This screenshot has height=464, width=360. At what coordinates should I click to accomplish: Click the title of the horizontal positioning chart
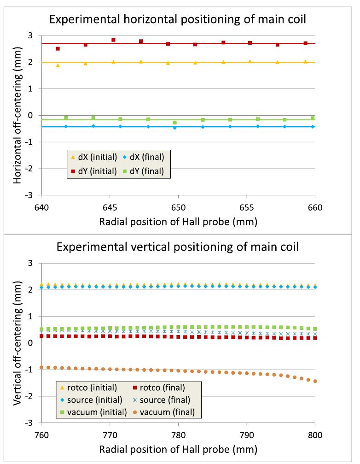pos(178,20)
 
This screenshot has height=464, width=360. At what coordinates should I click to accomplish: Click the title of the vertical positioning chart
pos(178,247)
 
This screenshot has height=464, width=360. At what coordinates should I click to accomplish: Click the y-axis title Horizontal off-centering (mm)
pos(18,115)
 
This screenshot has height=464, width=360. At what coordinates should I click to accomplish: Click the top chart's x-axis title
pos(178,221)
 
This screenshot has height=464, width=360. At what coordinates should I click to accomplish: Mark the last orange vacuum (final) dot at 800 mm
pos(315,381)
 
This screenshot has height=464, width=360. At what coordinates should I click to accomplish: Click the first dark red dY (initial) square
pos(58,48)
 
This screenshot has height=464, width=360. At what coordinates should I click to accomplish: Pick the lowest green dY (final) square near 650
pos(174,123)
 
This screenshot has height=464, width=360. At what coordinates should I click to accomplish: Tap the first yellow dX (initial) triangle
pos(58,65)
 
